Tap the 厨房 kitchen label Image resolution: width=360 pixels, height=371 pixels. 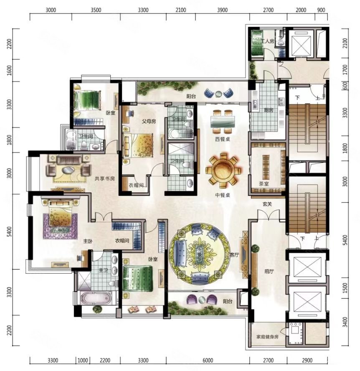point(269,110)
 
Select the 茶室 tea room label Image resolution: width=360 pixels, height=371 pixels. point(264,183)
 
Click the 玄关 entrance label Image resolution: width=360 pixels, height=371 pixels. point(267,204)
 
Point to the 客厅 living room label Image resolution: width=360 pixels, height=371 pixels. point(234,255)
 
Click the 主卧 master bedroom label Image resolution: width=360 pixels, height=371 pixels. point(88,241)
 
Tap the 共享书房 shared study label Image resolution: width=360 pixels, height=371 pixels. point(104,178)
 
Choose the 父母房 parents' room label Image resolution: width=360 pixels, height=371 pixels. point(149,122)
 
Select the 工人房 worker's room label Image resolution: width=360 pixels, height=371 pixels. point(268,41)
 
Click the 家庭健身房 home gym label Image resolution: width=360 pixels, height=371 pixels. point(267,337)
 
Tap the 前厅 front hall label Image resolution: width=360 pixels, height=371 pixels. point(269,272)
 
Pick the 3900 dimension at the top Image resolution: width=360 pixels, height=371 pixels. point(222,10)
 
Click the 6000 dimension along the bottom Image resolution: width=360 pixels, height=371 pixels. point(208,360)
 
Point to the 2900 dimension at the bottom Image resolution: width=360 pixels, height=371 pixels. point(307,360)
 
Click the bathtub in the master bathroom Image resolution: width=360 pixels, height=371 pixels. point(96,298)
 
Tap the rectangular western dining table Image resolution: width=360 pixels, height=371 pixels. point(223,122)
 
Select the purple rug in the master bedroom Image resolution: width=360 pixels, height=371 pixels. point(60,226)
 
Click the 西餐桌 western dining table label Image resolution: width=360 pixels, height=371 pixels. point(222,139)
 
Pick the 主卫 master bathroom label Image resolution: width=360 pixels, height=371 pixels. point(103,270)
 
